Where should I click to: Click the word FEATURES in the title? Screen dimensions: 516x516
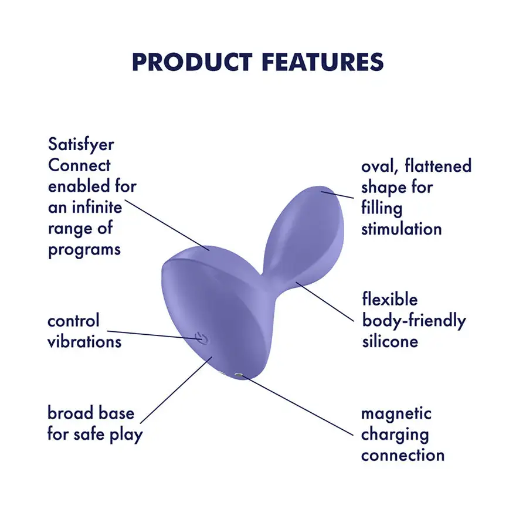tap(322, 62)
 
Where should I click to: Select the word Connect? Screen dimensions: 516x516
tap(79, 165)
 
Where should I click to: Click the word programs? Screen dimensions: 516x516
tap(84, 249)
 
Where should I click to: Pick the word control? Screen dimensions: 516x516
tap(74, 321)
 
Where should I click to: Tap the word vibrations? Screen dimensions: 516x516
tap(84, 341)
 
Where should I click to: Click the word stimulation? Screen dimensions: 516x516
tap(402, 228)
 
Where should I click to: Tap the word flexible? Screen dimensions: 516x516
tap(390, 300)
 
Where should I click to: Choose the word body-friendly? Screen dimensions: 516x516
tap(414, 321)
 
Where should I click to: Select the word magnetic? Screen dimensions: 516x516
tap(396, 413)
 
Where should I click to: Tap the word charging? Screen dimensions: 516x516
tap(395, 434)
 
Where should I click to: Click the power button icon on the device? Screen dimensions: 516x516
tap(200, 338)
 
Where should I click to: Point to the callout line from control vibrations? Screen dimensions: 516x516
tap(152, 332)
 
